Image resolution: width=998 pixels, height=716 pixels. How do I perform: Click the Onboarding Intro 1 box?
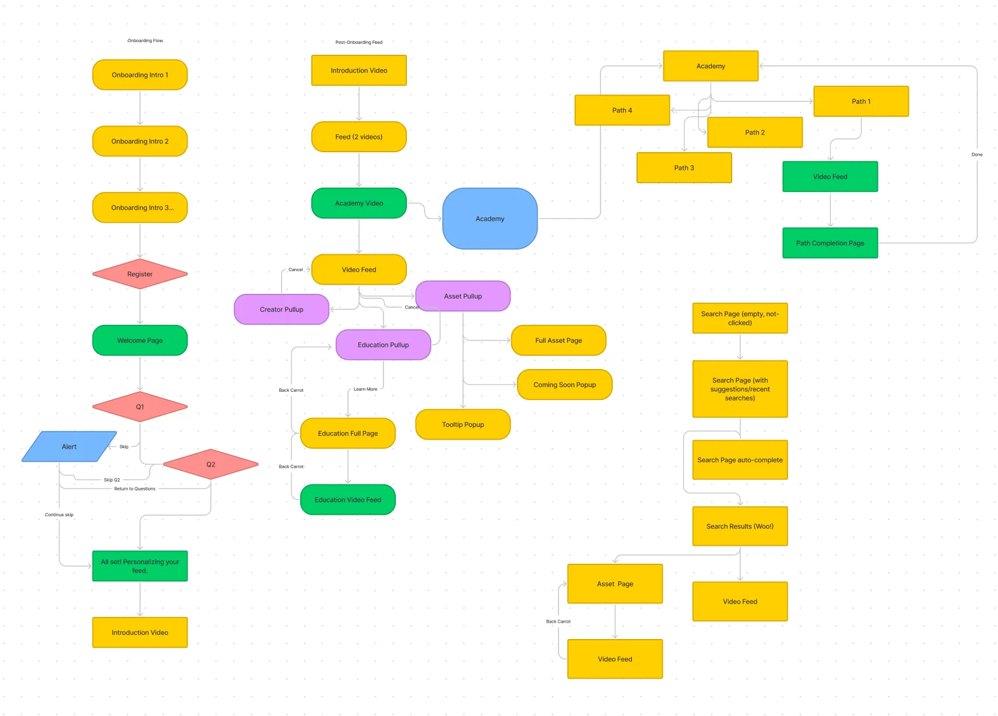[140, 75]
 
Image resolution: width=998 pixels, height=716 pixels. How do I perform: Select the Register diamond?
[140, 274]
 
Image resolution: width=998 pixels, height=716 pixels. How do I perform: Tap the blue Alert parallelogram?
[69, 447]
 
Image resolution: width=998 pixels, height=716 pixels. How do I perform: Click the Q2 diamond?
[210, 464]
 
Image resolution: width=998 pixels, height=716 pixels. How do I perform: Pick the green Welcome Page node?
[140, 341]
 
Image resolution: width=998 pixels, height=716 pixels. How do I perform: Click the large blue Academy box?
[490, 219]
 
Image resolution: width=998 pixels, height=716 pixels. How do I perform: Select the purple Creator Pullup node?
[282, 310]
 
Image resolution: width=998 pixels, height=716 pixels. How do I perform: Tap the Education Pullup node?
[383, 345]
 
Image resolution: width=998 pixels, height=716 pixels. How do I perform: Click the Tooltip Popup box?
[463, 424]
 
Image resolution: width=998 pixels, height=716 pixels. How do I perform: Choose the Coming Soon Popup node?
[564, 385]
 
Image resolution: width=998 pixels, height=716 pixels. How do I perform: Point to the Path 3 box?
[684, 168]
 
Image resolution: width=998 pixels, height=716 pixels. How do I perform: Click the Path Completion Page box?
[830, 243]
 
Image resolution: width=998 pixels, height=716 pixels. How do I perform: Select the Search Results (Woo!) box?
[740, 526]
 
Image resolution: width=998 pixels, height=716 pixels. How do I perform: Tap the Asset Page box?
[615, 584]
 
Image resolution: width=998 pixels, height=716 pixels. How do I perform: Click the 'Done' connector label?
[977, 155]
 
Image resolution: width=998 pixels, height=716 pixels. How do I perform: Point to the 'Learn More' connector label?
[366, 389]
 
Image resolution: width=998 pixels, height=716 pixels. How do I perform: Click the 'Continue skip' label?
[59, 515]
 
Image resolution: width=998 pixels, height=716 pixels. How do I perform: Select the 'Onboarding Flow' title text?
[145, 41]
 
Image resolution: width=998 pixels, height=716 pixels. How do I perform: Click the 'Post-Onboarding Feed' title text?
[359, 42]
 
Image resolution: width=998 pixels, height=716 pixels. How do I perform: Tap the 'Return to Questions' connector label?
[135, 489]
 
